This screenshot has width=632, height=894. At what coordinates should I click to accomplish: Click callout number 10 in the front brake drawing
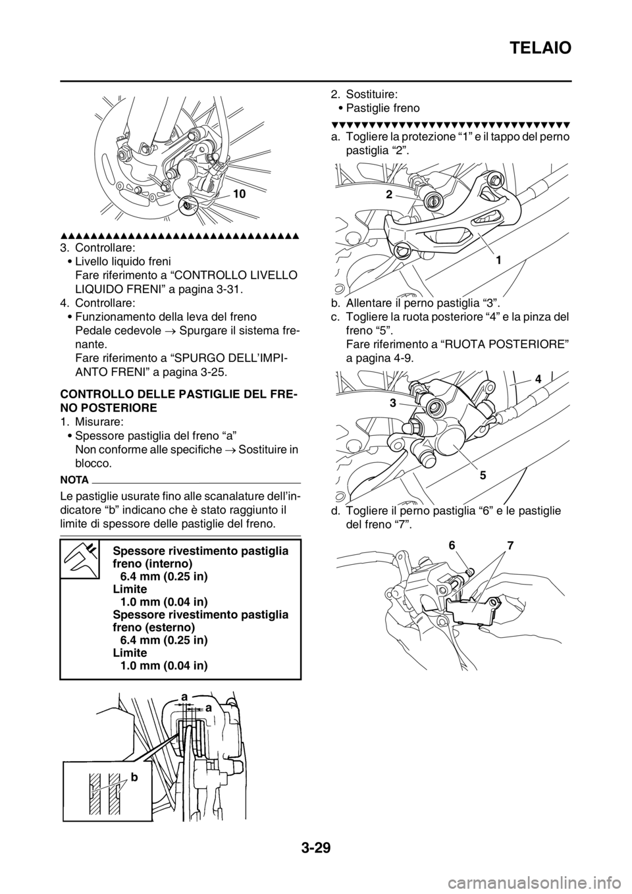tap(240, 194)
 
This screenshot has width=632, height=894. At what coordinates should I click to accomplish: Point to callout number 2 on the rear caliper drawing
tap(389, 194)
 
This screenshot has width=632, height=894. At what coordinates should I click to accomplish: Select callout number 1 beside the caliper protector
tap(499, 260)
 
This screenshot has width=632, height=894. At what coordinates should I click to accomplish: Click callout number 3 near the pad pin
tap(393, 403)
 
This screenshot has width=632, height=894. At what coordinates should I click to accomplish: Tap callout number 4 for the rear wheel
tap(539, 379)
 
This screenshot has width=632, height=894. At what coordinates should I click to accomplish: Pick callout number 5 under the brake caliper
tap(483, 475)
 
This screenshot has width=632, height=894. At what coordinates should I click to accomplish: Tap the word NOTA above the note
tap(74, 480)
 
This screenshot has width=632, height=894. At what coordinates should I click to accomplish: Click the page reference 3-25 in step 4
tap(213, 373)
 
